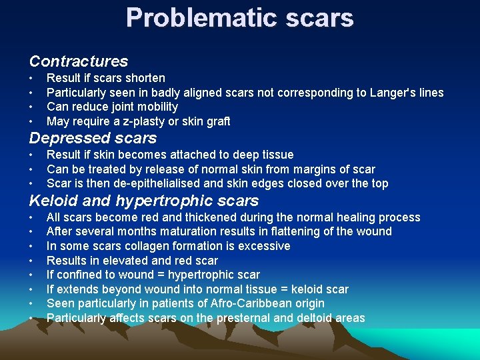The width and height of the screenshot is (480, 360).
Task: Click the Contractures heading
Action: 79,61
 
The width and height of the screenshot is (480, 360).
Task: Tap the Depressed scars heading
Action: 93,138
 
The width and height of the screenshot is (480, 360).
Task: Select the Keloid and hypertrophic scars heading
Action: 144,201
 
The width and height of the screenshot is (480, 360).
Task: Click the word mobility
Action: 155,107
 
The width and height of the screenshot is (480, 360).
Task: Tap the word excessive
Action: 265,246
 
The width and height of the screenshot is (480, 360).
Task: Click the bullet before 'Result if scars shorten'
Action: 31,78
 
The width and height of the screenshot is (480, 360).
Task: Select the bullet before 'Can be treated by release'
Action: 31,169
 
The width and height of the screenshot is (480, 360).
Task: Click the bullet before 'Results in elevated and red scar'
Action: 31,261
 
